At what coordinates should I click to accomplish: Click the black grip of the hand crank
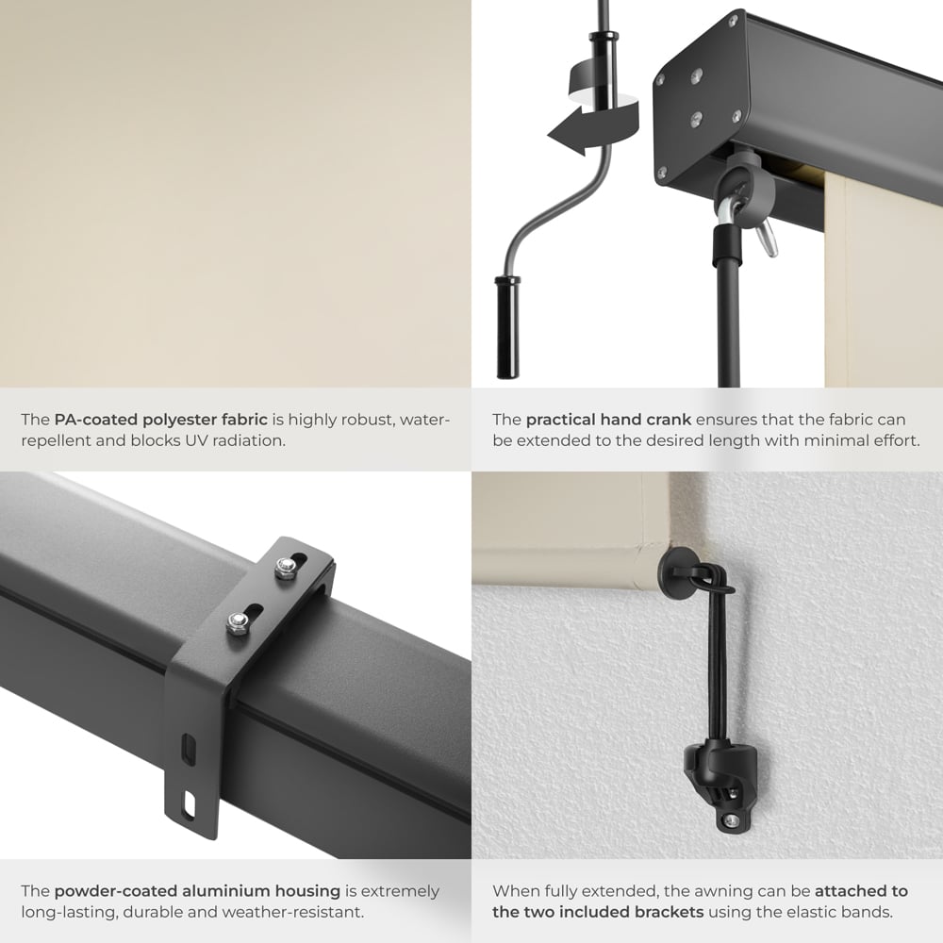tap(508, 325)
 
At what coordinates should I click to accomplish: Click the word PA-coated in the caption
tap(95, 420)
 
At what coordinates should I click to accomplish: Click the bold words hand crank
tap(610, 420)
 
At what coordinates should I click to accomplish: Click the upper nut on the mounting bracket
tap(282, 567)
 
